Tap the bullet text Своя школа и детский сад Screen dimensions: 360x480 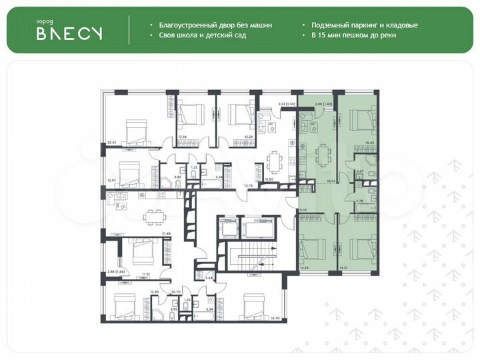point(202,35)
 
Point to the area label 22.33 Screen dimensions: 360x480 point(111,141)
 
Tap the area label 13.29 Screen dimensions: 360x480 point(305,267)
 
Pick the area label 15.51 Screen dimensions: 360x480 point(343,267)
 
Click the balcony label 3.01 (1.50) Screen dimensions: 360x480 point(269,104)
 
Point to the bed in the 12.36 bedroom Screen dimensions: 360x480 point(191,117)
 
